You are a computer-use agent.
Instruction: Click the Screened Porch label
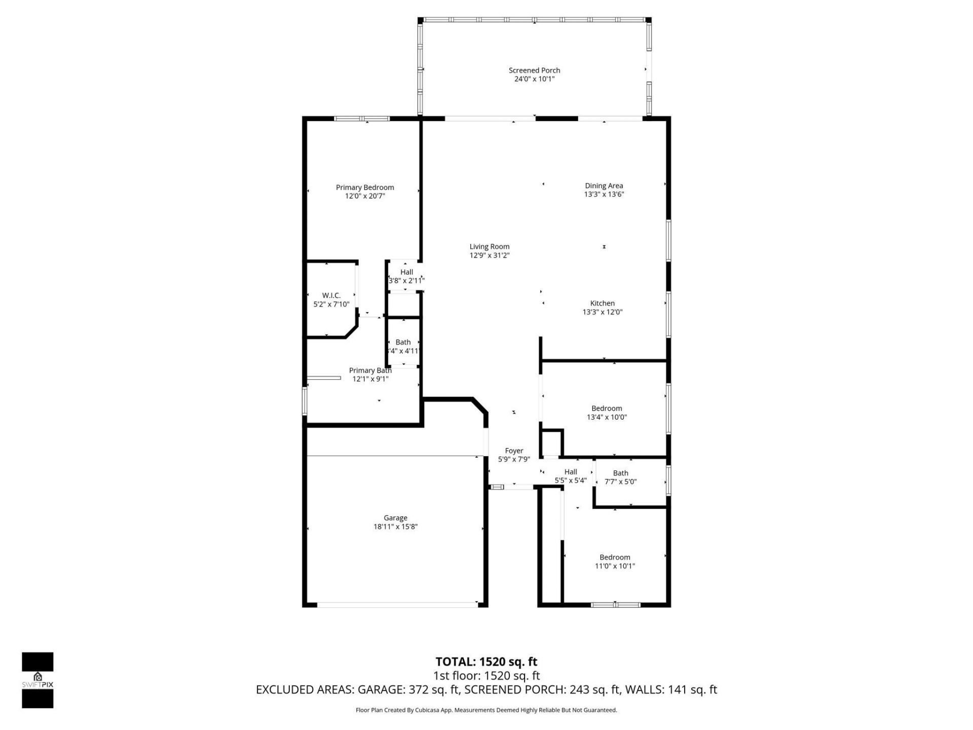(534, 70)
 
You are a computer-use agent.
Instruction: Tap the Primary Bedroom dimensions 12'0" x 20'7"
(365, 196)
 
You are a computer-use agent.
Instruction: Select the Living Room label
(489, 247)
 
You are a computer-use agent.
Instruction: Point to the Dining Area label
(604, 186)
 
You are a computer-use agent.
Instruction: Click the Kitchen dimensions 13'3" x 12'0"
(602, 312)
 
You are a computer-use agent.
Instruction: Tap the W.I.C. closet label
(331, 296)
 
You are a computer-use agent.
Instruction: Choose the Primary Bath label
(370, 371)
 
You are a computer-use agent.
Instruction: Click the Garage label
(395, 518)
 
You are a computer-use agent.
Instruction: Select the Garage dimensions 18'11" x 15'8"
(395, 527)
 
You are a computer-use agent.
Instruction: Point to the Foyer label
(514, 451)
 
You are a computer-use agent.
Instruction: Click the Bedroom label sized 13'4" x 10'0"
(607, 409)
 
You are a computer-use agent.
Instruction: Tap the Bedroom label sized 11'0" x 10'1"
(615, 557)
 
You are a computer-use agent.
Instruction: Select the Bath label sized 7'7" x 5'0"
(620, 473)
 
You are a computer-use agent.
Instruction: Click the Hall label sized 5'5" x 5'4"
(571, 472)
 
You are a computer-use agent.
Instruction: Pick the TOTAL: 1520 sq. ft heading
(486, 662)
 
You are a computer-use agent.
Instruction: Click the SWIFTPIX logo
(38, 679)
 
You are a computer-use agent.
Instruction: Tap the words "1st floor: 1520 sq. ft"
(486, 676)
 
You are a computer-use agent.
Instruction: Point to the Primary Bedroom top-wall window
(362, 119)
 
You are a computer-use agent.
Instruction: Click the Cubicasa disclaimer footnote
(486, 710)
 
